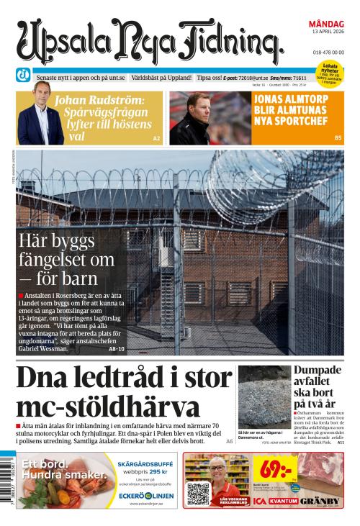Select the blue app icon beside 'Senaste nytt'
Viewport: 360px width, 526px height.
coord(24,76)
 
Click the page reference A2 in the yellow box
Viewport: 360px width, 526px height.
coord(156,137)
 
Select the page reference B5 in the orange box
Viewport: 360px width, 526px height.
coord(338,137)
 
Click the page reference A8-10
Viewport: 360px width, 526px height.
coord(117,349)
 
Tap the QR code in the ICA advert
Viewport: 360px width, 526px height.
coord(198,494)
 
